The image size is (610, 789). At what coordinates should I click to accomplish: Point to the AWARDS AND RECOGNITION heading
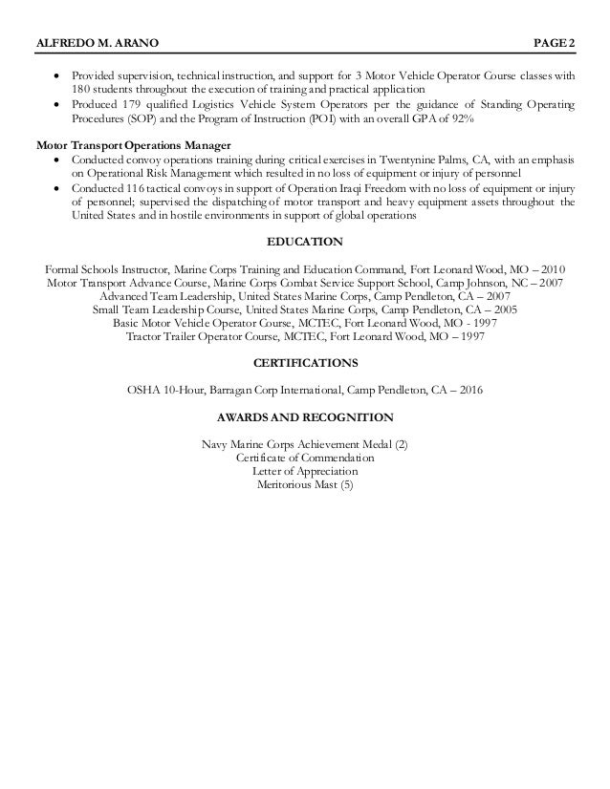click(305, 418)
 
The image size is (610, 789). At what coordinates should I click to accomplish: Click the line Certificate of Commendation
click(305, 458)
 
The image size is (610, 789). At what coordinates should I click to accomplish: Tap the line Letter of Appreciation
click(305, 472)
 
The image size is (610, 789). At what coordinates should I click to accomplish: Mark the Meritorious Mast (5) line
click(305, 485)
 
